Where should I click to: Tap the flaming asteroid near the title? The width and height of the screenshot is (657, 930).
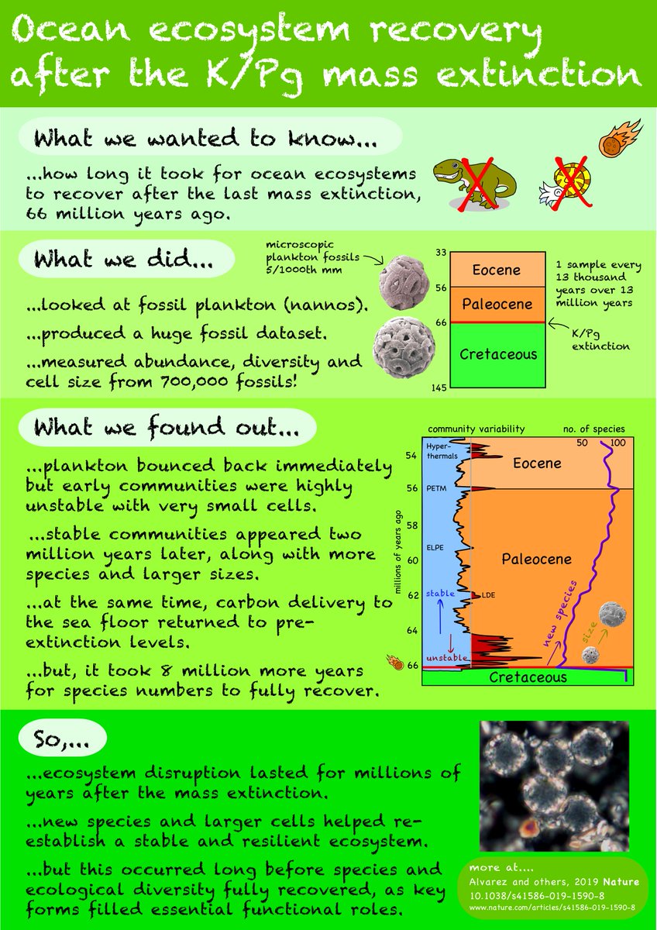[620, 137]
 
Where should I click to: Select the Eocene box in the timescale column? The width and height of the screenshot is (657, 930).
[490, 270]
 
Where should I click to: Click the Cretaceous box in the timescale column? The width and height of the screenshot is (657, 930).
[498, 354]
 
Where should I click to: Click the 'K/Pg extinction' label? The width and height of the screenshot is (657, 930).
[600, 339]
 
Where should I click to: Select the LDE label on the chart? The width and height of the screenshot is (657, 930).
[488, 594]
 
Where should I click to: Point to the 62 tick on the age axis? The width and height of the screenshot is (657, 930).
[412, 595]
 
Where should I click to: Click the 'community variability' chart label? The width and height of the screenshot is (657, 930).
[476, 429]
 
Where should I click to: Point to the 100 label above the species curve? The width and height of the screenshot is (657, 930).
[618, 443]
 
